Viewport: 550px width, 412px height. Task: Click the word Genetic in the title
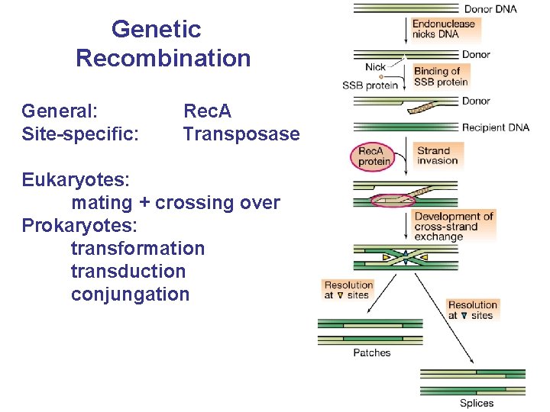click(156, 29)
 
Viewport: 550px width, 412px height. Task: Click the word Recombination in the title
click(163, 58)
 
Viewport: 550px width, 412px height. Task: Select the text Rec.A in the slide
click(207, 111)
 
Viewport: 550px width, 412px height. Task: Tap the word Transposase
click(241, 134)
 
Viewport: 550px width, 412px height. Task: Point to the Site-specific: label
click(80, 134)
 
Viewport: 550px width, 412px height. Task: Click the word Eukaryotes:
click(76, 180)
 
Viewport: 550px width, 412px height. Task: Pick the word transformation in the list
click(137, 249)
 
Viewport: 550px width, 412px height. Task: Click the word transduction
click(128, 272)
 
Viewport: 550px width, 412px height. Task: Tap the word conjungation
click(130, 295)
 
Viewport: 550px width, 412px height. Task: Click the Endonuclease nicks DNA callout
click(443, 28)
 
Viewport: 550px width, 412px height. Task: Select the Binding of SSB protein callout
click(441, 76)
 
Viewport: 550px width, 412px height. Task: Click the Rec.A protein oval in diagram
click(374, 156)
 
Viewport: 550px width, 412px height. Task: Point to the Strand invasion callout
click(438, 156)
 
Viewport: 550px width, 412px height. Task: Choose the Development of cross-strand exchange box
click(454, 227)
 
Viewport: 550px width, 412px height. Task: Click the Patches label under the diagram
click(372, 352)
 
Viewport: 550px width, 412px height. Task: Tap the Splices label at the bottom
click(476, 403)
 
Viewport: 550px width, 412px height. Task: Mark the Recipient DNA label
click(495, 127)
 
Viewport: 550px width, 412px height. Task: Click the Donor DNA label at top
click(490, 9)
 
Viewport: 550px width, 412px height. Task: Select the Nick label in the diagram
click(375, 67)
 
